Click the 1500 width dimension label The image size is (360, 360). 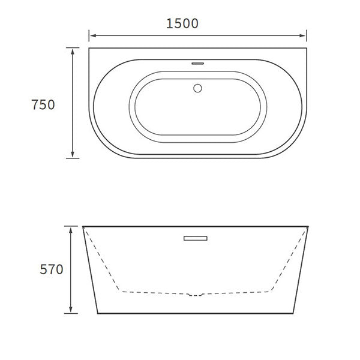click(182, 23)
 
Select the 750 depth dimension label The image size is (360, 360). click(43, 104)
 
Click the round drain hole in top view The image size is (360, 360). click(197, 88)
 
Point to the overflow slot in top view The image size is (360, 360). click(197, 61)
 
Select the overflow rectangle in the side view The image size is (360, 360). click(195, 239)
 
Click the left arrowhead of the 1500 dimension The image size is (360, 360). click(92, 35)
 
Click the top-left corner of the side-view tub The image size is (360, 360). click(83, 227)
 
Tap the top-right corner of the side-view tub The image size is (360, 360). click(308, 227)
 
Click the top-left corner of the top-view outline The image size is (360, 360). click(89, 48)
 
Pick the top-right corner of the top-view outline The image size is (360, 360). click(307, 48)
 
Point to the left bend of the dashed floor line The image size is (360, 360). click(122, 291)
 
